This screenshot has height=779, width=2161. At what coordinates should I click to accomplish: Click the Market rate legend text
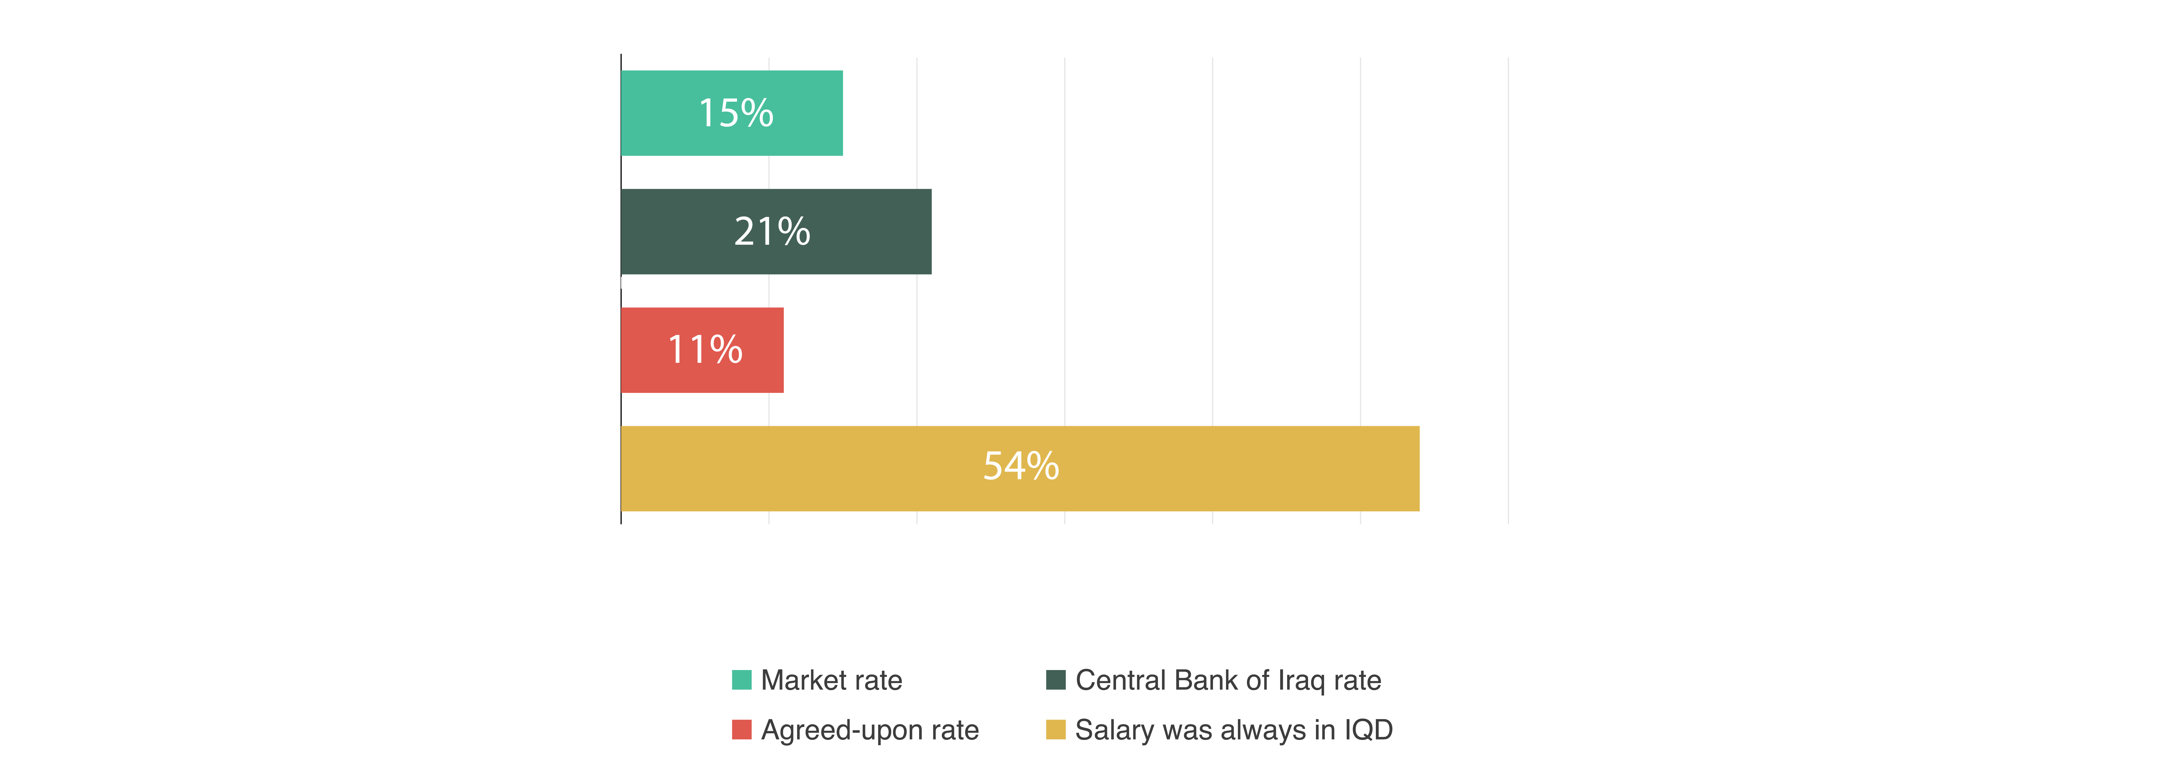pyautogui.click(x=831, y=680)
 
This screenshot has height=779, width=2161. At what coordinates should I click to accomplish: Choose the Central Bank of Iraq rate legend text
pyautogui.click(x=1228, y=680)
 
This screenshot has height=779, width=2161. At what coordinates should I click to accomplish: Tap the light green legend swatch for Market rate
pyautogui.click(x=742, y=680)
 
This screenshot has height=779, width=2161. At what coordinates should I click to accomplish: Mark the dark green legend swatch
pyautogui.click(x=1055, y=680)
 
